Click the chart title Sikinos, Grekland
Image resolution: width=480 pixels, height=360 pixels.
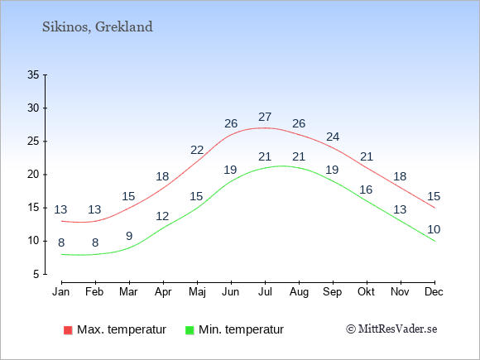pos(98,27)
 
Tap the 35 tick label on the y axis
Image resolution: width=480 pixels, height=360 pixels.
pos(33,74)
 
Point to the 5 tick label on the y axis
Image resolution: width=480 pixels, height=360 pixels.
pos(36,274)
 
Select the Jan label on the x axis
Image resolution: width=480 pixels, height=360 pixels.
pos(61,292)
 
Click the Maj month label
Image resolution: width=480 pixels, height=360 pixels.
pos(197,292)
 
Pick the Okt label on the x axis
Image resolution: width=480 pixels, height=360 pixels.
pos(366,292)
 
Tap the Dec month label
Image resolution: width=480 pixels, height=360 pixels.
pos(434,292)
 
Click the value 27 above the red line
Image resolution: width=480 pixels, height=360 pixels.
pos(265,117)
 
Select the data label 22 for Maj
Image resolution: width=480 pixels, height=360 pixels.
pos(197,150)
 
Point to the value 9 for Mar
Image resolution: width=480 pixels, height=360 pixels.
pos(129,236)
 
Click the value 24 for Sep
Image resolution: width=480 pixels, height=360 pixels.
pos(333,137)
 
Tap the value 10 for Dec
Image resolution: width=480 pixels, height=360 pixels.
pos(434,229)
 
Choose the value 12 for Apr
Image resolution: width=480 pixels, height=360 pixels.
pos(162,217)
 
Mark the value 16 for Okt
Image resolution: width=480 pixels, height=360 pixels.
pos(366,190)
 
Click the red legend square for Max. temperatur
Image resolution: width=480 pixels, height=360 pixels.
pos(68,330)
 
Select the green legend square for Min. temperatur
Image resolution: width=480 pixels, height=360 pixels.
pos(190,330)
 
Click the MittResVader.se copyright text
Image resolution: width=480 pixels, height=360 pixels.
pos(391,329)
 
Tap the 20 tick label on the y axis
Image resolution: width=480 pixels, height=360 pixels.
pos(33,175)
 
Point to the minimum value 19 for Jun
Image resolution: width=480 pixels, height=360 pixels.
pos(230,170)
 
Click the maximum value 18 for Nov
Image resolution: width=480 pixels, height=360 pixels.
pos(400,176)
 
